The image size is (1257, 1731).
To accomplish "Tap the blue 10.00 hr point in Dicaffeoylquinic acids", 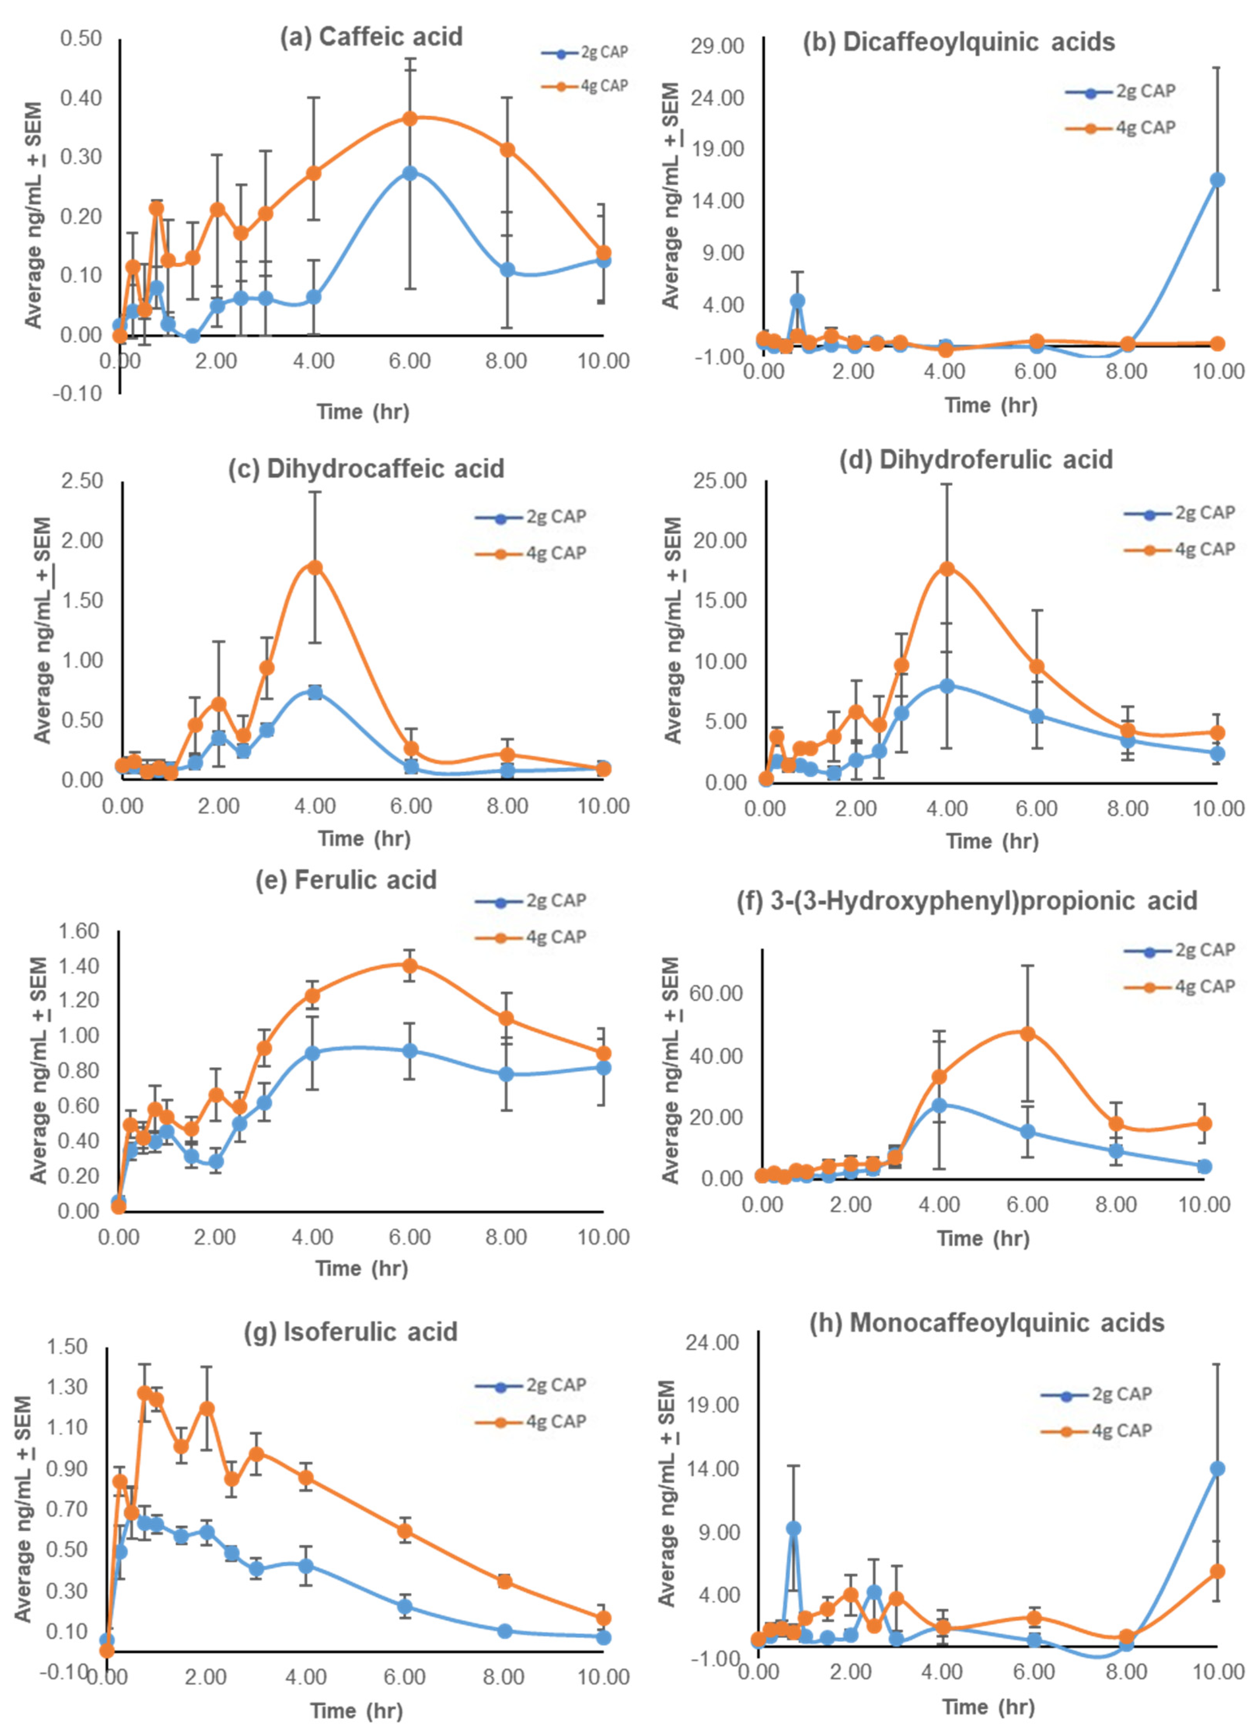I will (x=1217, y=180).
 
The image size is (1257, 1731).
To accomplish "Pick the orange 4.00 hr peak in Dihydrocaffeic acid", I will (x=314, y=567).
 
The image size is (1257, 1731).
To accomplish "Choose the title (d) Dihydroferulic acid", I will (x=976, y=459).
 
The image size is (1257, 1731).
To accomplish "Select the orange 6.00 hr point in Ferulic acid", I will (x=410, y=966).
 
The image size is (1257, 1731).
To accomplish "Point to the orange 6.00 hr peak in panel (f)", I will (x=1027, y=1033).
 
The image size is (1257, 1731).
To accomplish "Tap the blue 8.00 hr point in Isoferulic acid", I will (x=504, y=1631).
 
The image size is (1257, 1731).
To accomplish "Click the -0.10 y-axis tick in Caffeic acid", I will (x=77, y=394).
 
